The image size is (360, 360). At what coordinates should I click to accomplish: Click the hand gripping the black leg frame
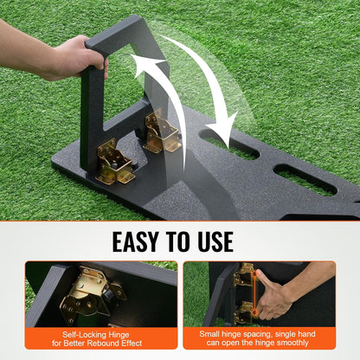click(74, 57)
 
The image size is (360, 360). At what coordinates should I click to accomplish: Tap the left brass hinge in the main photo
click(115, 163)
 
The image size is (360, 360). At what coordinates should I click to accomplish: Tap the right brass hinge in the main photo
click(162, 132)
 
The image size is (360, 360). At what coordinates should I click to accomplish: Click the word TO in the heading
click(192, 240)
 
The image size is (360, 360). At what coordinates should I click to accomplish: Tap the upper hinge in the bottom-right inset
click(245, 276)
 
